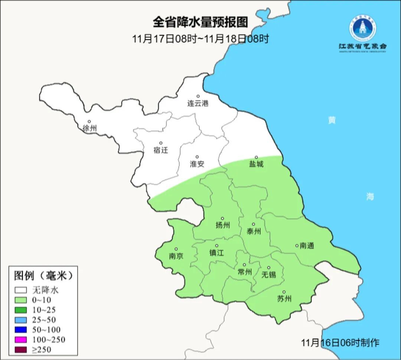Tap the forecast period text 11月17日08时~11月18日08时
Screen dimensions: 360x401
pos(200,39)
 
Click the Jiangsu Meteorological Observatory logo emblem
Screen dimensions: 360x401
pos(362,28)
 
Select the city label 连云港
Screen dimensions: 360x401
pos(198,104)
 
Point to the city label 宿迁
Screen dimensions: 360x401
pos(161,150)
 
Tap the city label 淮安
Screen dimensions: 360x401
pos(197,164)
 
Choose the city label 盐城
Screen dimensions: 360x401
pos(256,164)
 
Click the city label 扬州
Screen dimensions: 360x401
pos(223,225)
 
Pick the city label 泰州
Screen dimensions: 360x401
pos(254,231)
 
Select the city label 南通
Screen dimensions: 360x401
pos(307,246)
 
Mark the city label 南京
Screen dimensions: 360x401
pos(176,256)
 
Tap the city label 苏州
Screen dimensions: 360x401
pos(284,299)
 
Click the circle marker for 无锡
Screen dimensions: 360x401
pos(269,267)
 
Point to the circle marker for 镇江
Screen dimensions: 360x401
pos(217,246)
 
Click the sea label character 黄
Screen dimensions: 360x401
pos(332,120)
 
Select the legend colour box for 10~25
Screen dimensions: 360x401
pos(21,310)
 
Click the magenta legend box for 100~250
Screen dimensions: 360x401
pos(21,340)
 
